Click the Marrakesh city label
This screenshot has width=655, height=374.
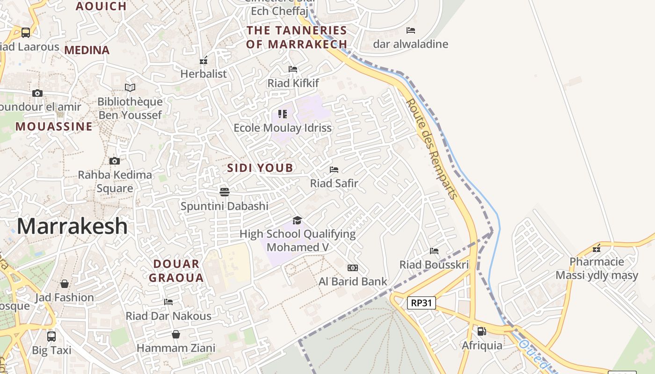[x=72, y=226]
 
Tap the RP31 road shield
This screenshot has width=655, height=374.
[x=421, y=303]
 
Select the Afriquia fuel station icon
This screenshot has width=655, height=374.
[x=481, y=331]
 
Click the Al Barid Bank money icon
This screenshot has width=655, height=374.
[x=353, y=268]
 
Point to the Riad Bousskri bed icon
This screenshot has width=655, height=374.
[x=434, y=251]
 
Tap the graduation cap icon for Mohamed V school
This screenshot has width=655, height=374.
[x=297, y=220]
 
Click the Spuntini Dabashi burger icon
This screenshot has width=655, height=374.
[x=225, y=192]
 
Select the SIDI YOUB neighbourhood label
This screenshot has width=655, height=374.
[x=260, y=168]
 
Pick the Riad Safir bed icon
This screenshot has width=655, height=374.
[x=334, y=170]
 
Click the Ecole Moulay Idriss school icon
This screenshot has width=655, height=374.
[x=283, y=114]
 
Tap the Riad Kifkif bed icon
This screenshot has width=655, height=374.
[x=293, y=69]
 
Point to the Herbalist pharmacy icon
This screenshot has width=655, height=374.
[x=204, y=60]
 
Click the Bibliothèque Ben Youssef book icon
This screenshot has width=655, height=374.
[x=130, y=87]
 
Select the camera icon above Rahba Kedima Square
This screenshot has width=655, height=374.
[x=115, y=161]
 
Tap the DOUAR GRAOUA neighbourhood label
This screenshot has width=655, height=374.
[x=176, y=271]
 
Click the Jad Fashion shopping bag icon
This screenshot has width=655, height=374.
[x=65, y=284]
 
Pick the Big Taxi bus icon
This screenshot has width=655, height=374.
[x=51, y=336]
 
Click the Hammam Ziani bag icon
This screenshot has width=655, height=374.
[x=176, y=334]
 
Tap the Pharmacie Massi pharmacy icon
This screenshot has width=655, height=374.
[x=597, y=248]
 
